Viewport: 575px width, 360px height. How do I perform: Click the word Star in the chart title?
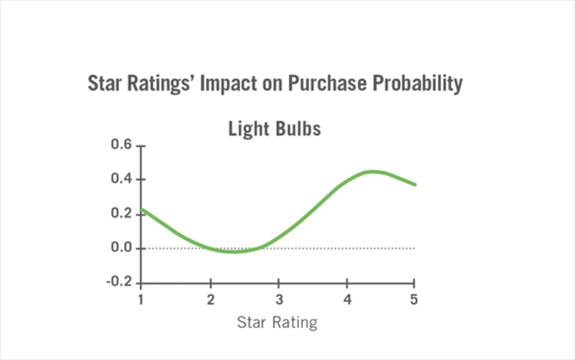tap(105, 84)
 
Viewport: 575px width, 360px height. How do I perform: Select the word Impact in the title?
tap(223, 84)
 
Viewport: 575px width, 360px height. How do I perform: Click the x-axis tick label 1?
tap(143, 299)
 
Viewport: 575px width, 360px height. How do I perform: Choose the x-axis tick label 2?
tap(211, 299)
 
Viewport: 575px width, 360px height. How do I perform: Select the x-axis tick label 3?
tap(279, 299)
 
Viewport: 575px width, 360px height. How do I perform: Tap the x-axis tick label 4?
tap(347, 299)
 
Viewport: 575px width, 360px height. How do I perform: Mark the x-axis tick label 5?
tap(415, 299)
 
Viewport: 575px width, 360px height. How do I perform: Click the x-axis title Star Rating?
tap(277, 321)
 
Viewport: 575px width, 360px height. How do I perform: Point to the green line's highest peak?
tap(372, 172)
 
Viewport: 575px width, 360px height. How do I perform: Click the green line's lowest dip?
tap(233, 252)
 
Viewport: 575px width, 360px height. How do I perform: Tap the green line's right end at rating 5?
tap(415, 184)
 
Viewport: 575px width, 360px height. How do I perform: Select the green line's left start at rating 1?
tap(143, 210)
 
